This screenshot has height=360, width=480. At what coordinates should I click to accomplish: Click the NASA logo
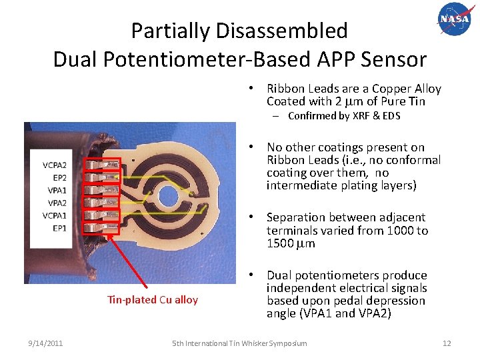(x=454, y=19)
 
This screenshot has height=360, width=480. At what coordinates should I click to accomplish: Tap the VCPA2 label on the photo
(x=55, y=165)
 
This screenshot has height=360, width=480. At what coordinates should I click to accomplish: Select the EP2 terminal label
(x=59, y=177)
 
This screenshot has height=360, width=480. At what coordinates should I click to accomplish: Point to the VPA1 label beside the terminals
(x=57, y=190)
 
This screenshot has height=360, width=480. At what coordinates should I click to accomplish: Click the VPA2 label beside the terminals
(x=57, y=203)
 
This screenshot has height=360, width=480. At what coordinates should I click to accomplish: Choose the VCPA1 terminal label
(x=55, y=215)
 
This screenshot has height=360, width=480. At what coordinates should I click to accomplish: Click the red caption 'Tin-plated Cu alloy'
(x=153, y=300)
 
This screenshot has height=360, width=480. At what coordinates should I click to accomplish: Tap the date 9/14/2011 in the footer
(x=46, y=343)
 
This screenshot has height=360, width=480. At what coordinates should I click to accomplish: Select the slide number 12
(x=447, y=343)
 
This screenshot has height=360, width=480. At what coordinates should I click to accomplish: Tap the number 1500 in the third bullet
(x=279, y=243)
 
